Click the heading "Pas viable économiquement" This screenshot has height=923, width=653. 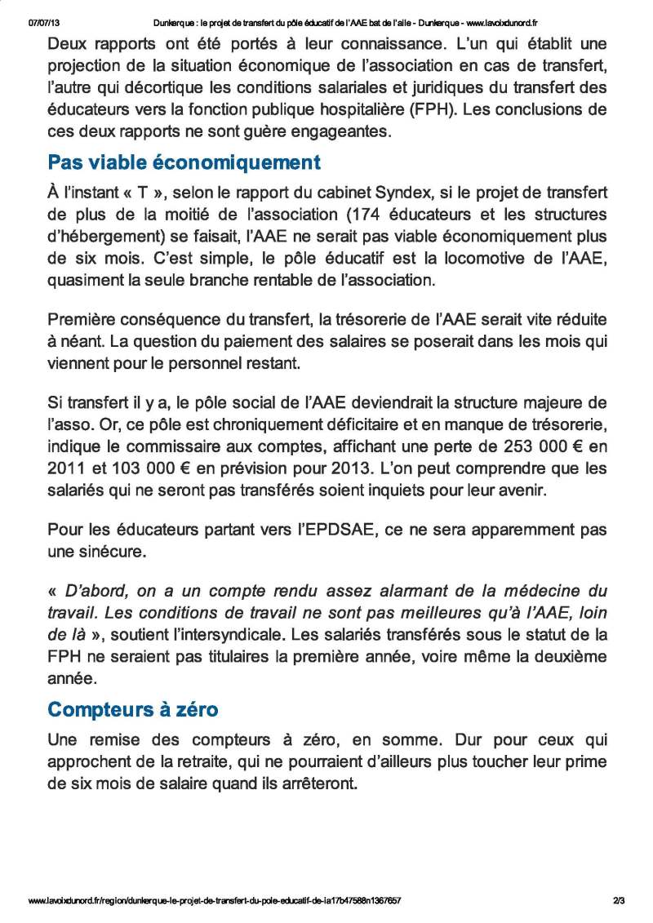tap(184, 162)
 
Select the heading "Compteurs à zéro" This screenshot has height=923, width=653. tap(133, 710)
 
